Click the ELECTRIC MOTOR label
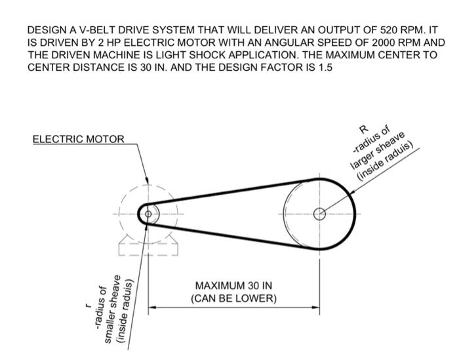77,139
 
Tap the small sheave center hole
148,214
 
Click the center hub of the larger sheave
319,213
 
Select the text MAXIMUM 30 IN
233,287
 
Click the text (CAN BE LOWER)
233,298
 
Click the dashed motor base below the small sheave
148,247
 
